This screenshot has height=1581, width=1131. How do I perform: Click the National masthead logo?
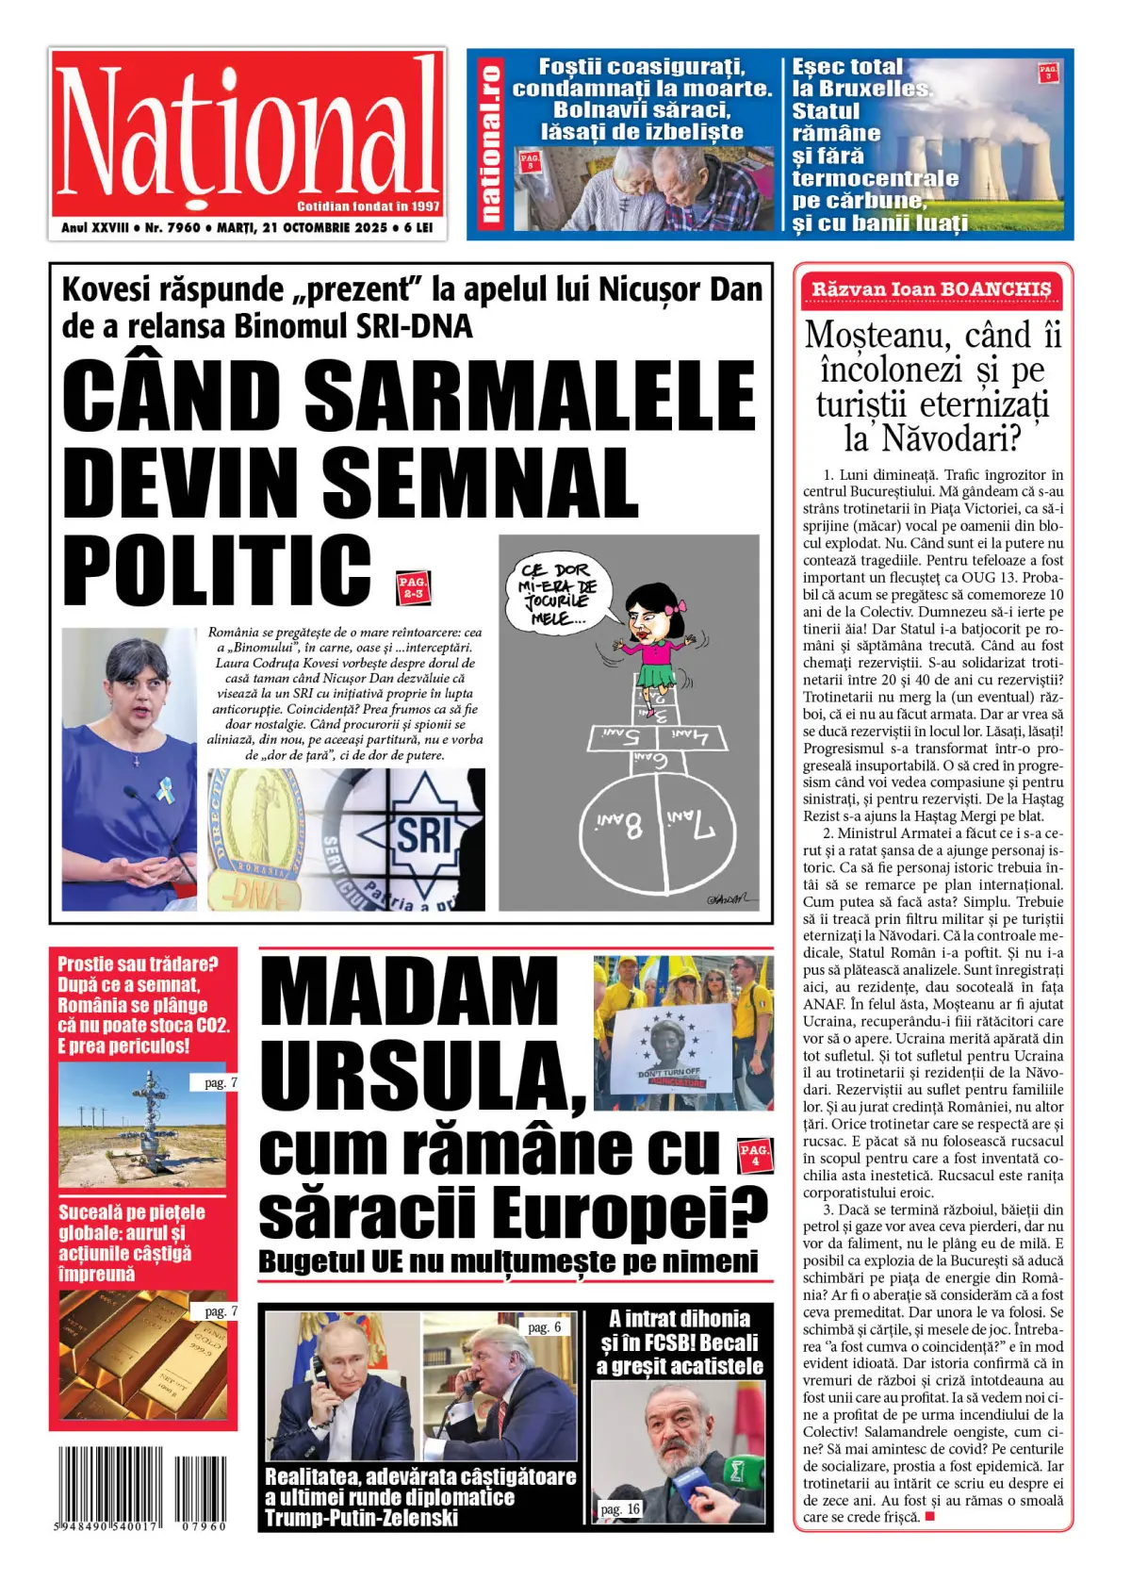tap(247, 132)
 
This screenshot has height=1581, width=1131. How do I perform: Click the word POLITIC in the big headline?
tap(218, 570)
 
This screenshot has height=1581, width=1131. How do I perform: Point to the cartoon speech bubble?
tap(558, 594)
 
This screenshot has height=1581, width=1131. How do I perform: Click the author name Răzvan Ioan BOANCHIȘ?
tap(931, 289)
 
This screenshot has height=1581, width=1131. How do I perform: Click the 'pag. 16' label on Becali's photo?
tap(619, 1509)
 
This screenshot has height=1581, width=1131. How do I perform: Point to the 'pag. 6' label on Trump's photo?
tap(544, 1327)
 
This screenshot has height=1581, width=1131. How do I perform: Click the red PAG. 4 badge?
tap(754, 1155)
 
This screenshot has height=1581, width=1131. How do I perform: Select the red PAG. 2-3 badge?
tap(413, 587)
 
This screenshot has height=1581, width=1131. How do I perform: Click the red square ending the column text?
tap(929, 1517)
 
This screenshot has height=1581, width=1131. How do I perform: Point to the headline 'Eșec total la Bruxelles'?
tap(860, 78)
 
